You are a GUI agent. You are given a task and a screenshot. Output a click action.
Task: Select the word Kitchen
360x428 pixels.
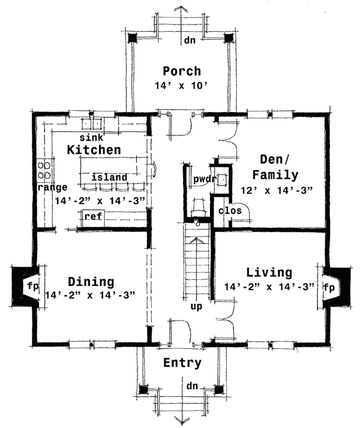[94, 149]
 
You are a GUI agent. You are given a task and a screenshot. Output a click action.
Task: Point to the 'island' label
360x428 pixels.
[109, 177]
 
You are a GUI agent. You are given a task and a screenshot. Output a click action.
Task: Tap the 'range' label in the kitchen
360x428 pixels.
[48, 188]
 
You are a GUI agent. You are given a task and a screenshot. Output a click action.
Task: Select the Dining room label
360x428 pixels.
[91, 281]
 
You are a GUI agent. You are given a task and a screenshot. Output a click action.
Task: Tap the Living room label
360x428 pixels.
[269, 273]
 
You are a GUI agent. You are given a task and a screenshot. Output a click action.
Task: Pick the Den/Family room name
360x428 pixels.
[275, 167]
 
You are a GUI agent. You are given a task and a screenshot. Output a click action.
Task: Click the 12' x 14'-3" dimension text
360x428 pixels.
[275, 191]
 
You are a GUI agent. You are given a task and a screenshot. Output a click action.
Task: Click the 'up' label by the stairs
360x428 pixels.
[196, 306]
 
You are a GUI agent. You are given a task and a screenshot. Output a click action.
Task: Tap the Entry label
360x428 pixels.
[182, 363]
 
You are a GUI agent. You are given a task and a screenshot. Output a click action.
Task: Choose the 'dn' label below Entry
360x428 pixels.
[191, 385]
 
